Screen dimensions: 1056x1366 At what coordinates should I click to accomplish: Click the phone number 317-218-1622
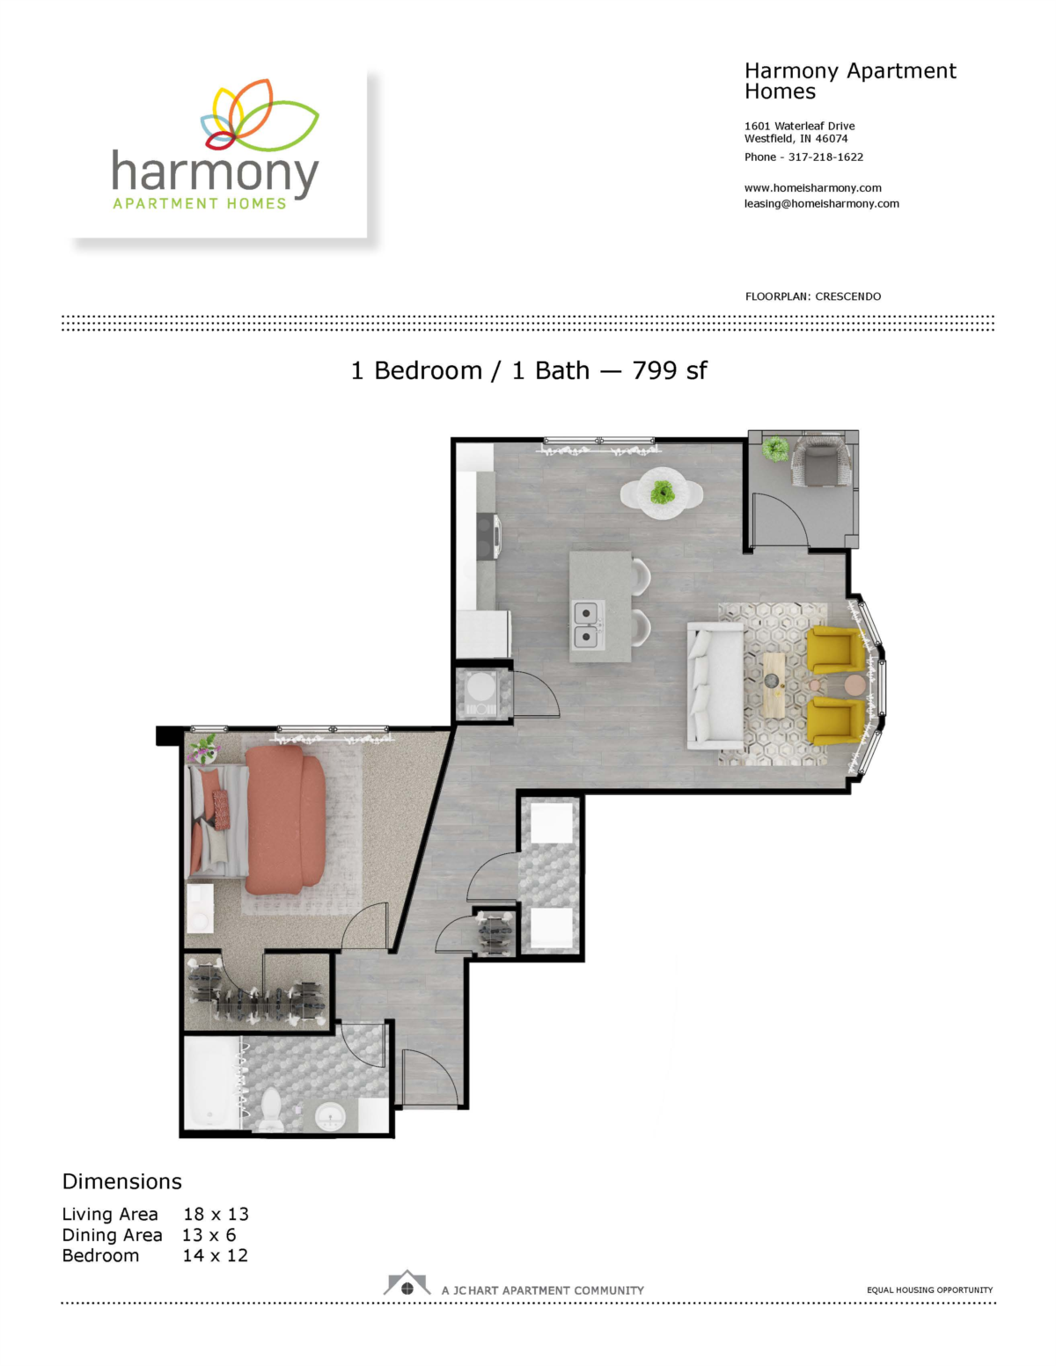825,157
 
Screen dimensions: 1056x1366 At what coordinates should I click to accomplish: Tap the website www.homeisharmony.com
812,188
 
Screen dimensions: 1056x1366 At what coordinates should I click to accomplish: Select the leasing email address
821,204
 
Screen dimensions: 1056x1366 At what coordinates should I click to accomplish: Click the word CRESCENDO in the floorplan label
847,296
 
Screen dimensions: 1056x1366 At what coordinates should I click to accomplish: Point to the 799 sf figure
669,371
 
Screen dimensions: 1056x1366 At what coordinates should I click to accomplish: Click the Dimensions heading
122,1182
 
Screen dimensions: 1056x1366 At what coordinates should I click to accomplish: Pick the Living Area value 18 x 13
216,1215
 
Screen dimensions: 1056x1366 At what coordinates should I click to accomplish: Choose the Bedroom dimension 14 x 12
215,1256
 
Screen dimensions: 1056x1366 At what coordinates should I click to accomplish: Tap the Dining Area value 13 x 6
209,1235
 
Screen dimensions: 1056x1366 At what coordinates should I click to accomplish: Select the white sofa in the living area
715,686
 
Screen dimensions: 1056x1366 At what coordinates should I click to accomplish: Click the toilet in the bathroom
271,1112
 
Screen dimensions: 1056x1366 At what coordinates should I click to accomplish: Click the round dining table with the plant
662,493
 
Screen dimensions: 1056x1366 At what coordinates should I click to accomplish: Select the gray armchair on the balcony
822,462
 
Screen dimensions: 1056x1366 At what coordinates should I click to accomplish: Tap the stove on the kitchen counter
488,537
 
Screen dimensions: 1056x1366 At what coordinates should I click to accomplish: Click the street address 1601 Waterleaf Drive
799,126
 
